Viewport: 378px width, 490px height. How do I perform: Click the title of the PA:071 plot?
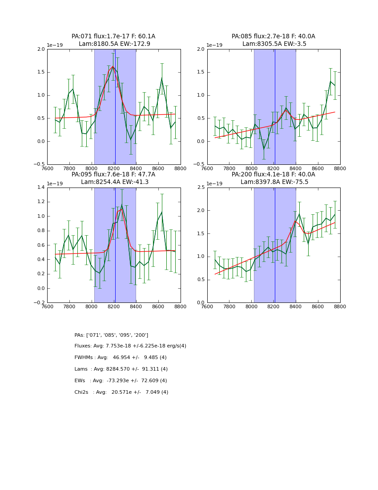coord(113,40)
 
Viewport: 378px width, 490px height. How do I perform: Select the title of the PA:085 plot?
coord(273,40)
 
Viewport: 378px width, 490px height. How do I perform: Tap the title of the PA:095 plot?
coord(113,178)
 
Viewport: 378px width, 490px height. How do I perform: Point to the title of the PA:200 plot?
coord(273,178)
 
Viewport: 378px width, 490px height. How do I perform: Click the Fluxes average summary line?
coord(130,346)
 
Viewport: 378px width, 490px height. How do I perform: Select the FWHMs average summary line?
coord(121,358)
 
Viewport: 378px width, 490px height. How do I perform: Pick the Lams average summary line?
coord(121,369)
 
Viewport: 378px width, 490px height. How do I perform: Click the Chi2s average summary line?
coord(121,392)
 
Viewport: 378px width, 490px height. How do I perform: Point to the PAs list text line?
coord(111,335)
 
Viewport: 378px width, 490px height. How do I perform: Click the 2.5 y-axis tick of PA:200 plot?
coord(201,188)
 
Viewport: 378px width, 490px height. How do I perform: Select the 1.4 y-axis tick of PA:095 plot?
coord(40,188)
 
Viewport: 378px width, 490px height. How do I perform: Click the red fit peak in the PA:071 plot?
coord(113,66)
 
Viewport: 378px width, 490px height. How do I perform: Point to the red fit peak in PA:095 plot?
coord(122,209)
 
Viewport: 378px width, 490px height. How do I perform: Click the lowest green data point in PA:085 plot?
coord(264,149)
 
